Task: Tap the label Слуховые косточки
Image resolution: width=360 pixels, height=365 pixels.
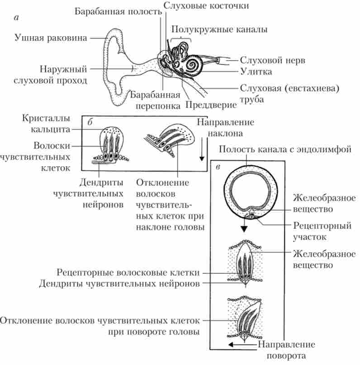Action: click(207, 6)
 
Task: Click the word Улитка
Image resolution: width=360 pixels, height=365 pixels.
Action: click(256, 71)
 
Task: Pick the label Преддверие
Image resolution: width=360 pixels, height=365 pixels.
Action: click(211, 106)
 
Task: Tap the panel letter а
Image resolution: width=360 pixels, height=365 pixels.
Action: click(17, 18)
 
